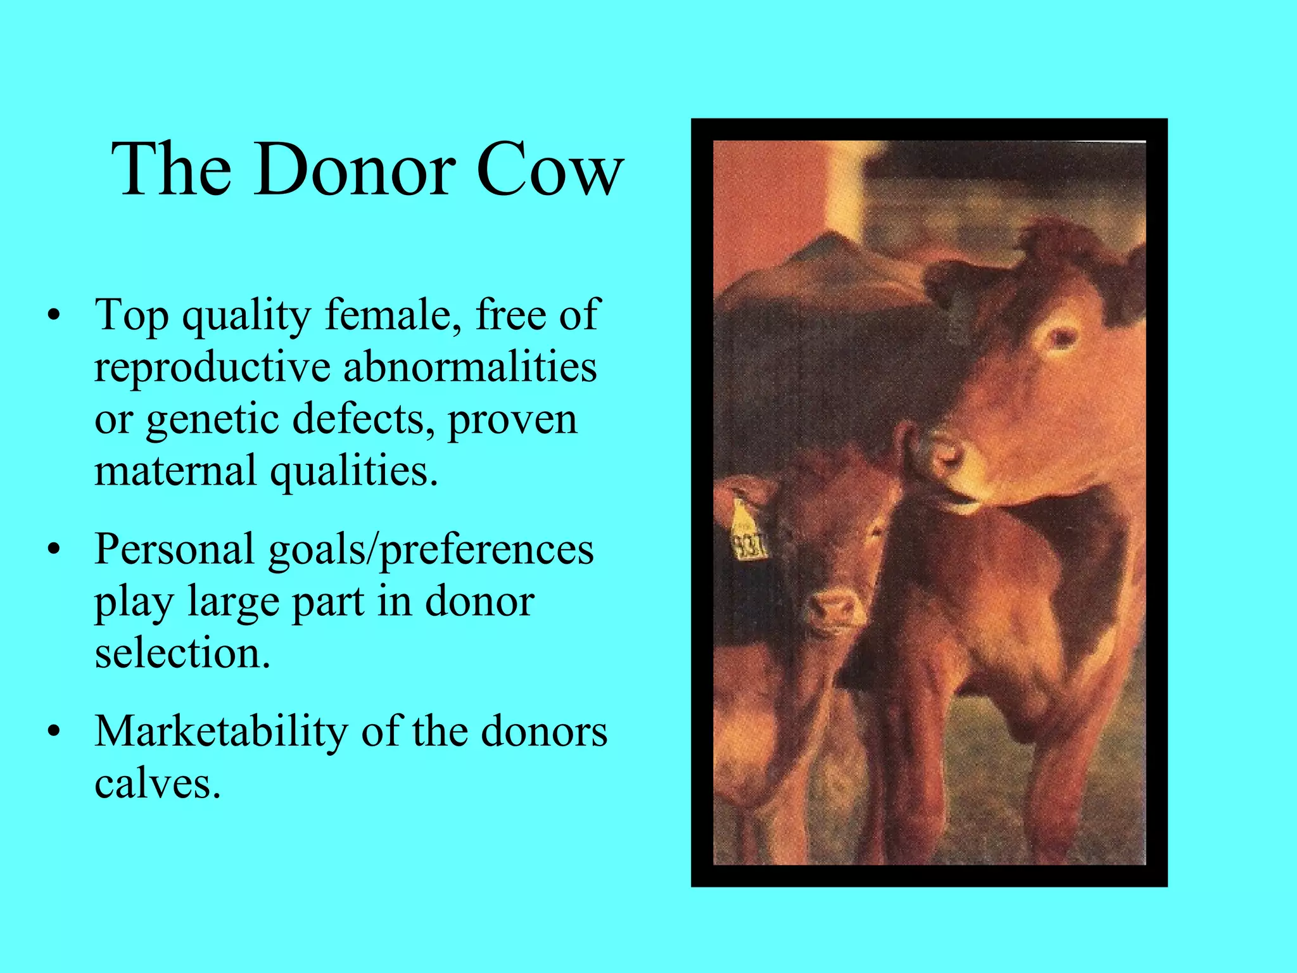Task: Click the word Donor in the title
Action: [x=355, y=170]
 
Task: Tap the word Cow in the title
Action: [x=550, y=170]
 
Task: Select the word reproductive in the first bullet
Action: [x=212, y=367]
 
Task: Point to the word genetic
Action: [x=212, y=419]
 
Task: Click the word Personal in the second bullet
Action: [x=174, y=549]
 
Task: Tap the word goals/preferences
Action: [x=431, y=550]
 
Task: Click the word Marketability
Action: [x=221, y=731]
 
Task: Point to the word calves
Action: [x=157, y=783]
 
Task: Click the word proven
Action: [x=513, y=419]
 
